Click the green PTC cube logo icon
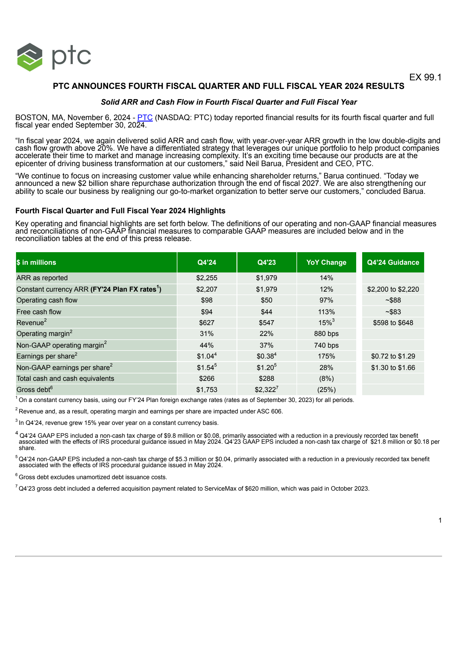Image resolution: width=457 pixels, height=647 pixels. click(x=30, y=57)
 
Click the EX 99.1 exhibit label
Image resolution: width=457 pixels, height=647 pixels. click(x=425, y=77)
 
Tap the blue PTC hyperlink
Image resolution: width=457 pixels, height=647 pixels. click(x=145, y=118)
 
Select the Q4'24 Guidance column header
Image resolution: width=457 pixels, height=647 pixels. click(x=393, y=262)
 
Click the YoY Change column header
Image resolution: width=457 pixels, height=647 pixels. click(x=326, y=262)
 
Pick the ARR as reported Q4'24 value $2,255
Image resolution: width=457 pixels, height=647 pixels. click(x=207, y=278)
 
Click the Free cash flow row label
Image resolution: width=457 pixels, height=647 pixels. click(x=39, y=312)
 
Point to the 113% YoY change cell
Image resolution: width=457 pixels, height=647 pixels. click(x=326, y=312)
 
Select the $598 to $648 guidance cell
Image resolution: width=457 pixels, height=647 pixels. click(x=393, y=323)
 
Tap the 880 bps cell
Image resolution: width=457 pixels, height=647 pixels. click(x=326, y=334)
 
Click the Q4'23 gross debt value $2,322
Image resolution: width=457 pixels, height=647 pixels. click(x=265, y=390)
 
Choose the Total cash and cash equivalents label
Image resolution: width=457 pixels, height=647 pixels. click(x=65, y=379)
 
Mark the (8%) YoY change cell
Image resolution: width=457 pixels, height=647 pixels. click(x=326, y=379)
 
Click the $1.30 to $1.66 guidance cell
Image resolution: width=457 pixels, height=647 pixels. click(x=393, y=368)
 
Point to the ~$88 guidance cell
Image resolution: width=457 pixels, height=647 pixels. click(x=393, y=300)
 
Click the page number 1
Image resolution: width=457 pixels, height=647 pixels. click(x=440, y=520)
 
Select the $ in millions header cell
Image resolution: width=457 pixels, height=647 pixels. click(x=36, y=262)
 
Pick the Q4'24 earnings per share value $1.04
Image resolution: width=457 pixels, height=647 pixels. click(x=205, y=356)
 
